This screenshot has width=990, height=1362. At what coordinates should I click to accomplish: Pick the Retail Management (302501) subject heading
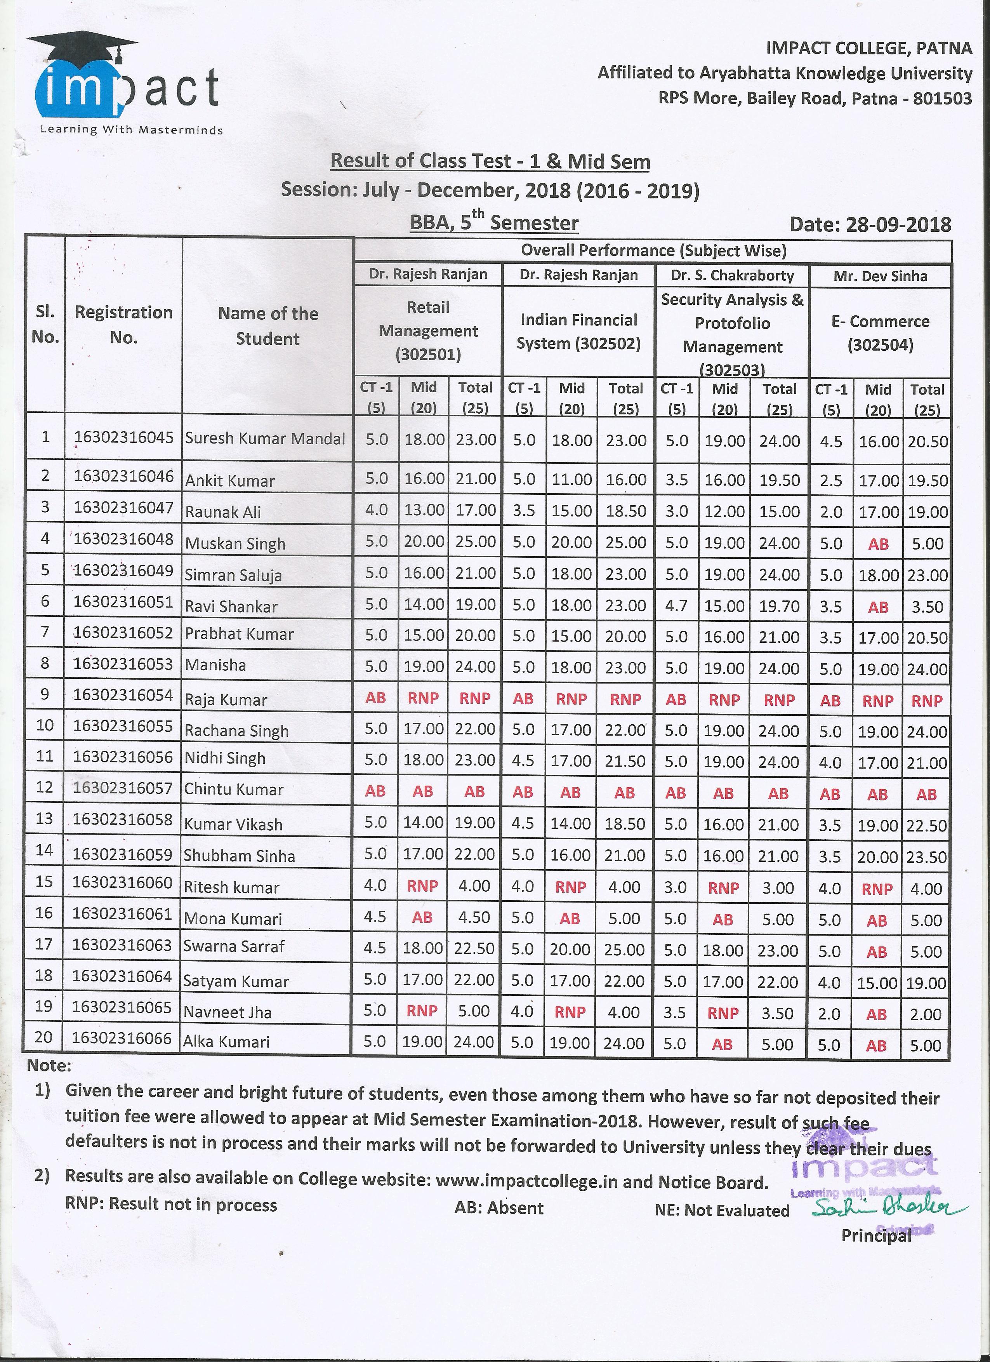(428, 331)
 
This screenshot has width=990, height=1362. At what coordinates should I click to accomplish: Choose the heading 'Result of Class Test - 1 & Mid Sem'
(490, 162)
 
